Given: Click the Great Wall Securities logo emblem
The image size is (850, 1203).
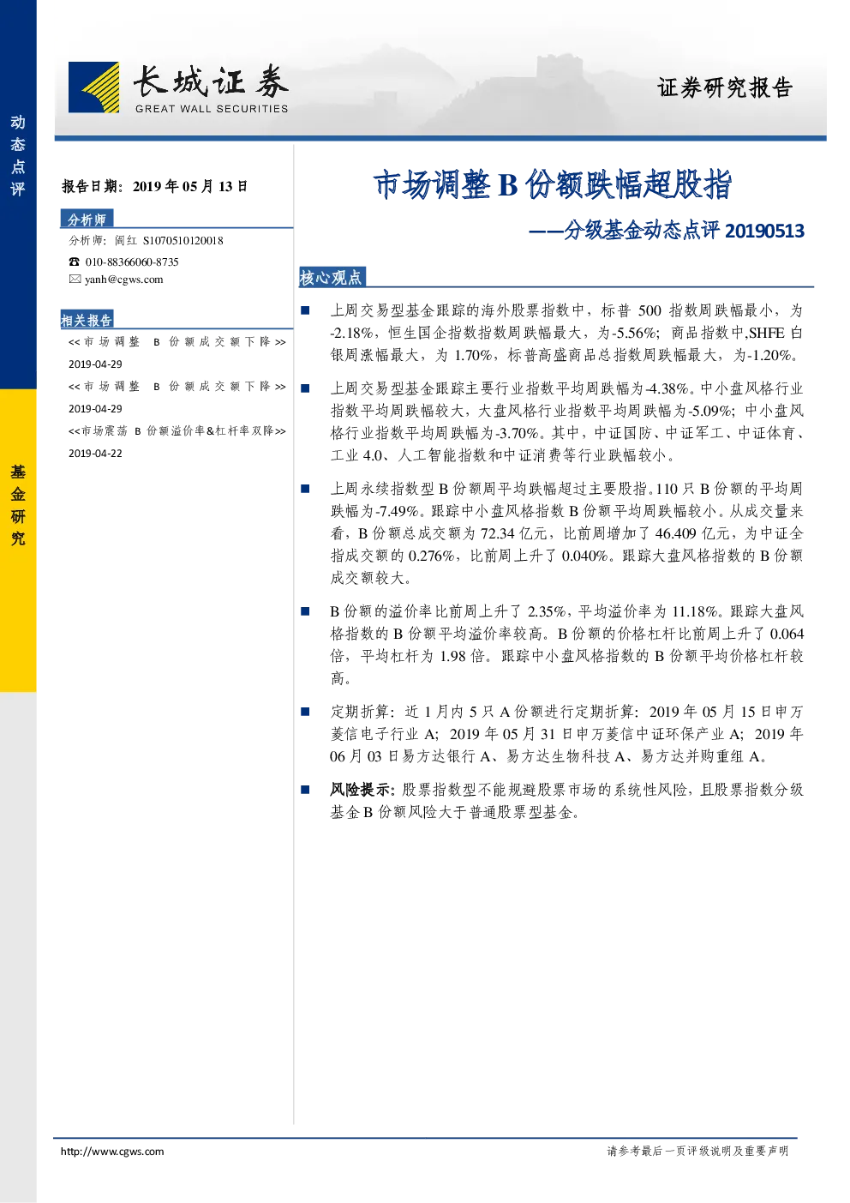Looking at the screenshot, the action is pos(94,87).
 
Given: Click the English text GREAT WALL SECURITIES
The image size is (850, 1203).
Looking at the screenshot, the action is pos(212,109).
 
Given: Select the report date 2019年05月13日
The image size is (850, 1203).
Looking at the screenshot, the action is pos(190,186).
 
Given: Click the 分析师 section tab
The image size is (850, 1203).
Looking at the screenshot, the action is pos(87,220).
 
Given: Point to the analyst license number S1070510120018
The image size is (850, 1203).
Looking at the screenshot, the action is pos(183,241).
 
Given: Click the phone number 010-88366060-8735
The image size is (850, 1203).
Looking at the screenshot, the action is pos(132,262).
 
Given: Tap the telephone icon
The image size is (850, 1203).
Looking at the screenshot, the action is pos(74,262).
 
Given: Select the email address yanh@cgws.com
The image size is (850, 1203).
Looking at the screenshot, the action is pos(124,280).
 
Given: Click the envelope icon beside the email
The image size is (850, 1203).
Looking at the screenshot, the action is pos(75,280).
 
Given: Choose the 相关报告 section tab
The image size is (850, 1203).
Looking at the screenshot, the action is pos(87,320).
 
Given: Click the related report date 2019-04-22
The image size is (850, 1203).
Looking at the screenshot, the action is pos(95,454).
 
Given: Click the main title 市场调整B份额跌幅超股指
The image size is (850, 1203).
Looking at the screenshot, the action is pos(553,184).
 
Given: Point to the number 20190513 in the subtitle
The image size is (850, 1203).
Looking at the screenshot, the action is pos(764,231).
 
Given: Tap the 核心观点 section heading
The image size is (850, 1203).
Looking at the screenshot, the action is pos(331,277).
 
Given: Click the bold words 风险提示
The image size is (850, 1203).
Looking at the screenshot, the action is pos(360,790).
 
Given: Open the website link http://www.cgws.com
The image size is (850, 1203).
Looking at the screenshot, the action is pos(112,1152).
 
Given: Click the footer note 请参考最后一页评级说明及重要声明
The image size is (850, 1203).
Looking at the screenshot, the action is pos(697,1151).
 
